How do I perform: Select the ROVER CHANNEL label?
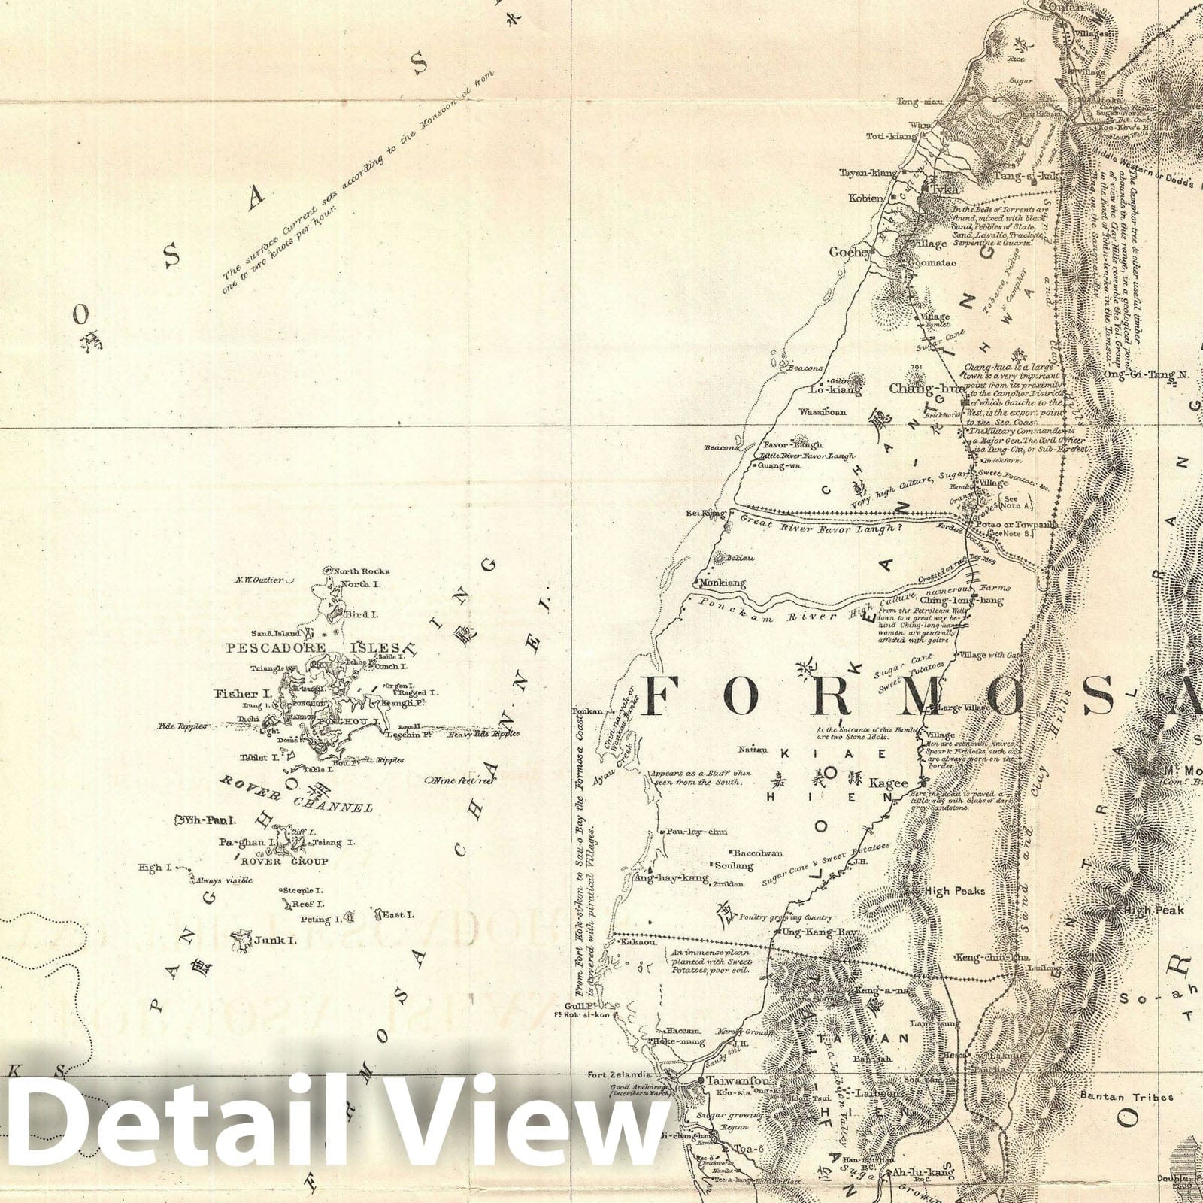pyautogui.click(x=295, y=795)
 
